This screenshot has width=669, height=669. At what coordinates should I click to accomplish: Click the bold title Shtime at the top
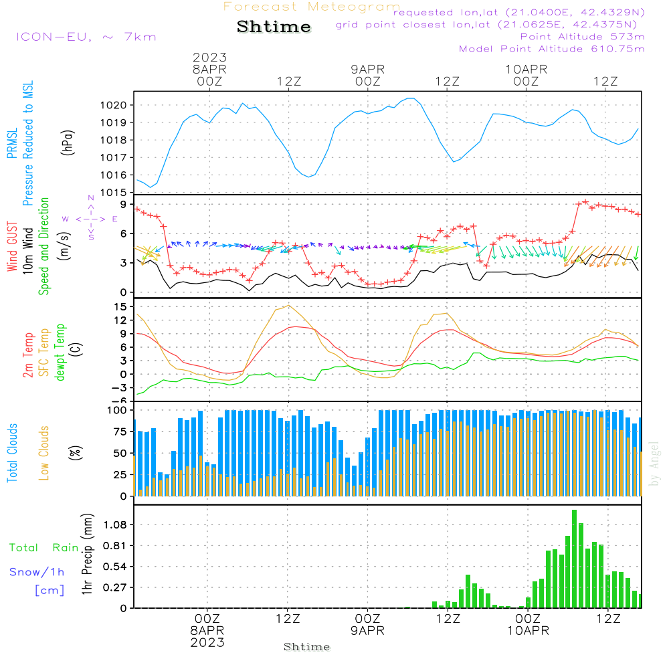[274, 27]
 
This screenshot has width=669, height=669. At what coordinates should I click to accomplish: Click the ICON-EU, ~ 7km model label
[86, 37]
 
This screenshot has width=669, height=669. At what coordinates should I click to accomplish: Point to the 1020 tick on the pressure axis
[112, 105]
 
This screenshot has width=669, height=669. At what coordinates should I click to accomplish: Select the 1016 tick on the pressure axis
[112, 175]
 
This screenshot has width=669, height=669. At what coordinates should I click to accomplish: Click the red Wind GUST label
[12, 248]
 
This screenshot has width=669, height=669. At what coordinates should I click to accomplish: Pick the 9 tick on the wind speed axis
[124, 204]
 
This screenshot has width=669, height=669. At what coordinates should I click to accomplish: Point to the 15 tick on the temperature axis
[121, 306]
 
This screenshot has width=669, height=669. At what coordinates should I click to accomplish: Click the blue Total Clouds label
[12, 453]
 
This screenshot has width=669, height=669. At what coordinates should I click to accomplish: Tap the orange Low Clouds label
[45, 453]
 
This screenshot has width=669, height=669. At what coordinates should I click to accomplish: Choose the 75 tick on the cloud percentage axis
[118, 432]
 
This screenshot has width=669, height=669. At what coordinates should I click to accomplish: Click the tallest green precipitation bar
[575, 559]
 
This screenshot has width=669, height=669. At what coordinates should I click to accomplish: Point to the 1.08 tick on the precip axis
[114, 524]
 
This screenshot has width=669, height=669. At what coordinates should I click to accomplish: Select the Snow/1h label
[37, 572]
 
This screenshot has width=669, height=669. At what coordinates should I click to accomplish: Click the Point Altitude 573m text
[582, 37]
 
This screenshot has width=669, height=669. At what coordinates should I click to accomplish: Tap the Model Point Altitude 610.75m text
[552, 49]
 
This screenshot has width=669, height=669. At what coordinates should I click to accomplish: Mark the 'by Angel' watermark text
[654, 464]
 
